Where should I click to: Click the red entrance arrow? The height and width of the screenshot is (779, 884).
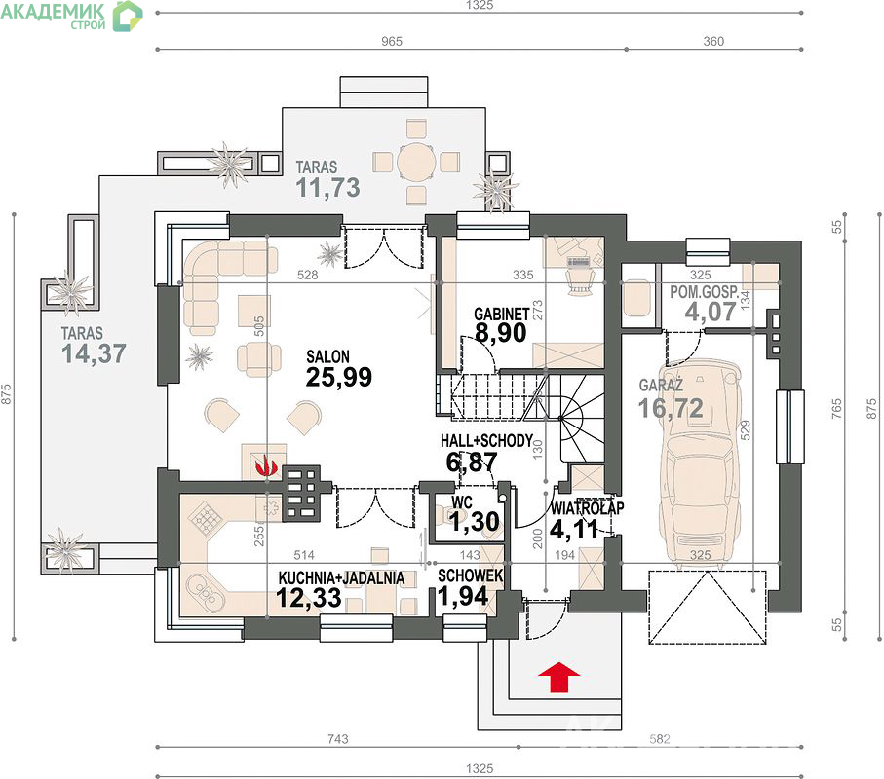[558, 677]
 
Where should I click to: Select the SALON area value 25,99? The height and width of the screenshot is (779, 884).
[339, 378]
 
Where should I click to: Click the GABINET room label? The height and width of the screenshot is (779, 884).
[501, 314]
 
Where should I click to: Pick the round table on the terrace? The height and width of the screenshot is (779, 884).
[416, 162]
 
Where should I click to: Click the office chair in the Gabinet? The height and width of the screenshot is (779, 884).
[580, 278]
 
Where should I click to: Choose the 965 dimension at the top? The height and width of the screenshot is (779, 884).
[391, 41]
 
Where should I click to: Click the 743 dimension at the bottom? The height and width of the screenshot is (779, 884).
[337, 738]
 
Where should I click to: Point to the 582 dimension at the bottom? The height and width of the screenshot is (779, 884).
[659, 738]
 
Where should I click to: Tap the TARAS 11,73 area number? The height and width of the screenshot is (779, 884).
[328, 188]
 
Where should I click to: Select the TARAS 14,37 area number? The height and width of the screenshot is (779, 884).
[94, 353]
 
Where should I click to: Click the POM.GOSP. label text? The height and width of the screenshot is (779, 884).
[704, 292]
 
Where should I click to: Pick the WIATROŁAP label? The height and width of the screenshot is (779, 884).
[588, 508]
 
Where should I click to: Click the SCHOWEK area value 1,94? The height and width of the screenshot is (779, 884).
[463, 597]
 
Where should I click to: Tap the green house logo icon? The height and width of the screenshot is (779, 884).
[128, 16]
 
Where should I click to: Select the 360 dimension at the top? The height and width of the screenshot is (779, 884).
[713, 41]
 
